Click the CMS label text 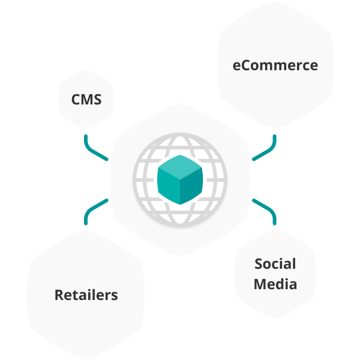[x=86, y=99]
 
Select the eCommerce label [x=275, y=65]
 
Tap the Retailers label [x=86, y=295]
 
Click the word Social [x=275, y=264]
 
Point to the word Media [x=275, y=284]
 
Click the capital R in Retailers [x=59, y=295]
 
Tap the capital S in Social [x=259, y=264]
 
